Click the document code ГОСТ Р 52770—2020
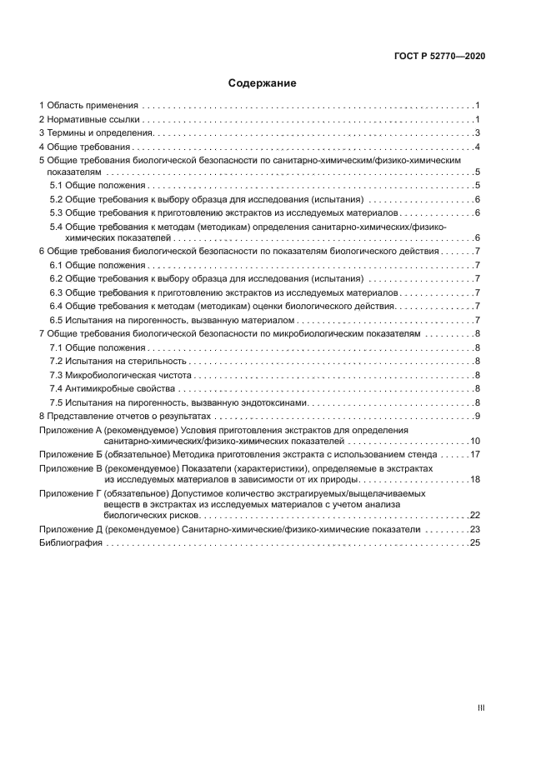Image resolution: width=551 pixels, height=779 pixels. [x=439, y=56]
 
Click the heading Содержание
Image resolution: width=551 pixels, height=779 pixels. [x=263, y=83]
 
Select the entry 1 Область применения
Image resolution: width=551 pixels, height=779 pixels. [x=88, y=106]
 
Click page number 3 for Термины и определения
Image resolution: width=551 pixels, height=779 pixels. [x=476, y=133]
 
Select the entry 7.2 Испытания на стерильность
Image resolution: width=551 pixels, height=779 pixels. [x=120, y=361]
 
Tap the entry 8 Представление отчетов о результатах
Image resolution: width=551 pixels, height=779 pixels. [x=126, y=415]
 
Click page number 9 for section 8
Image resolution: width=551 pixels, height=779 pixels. [x=476, y=415]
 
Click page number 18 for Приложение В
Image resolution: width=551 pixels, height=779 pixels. [x=474, y=479]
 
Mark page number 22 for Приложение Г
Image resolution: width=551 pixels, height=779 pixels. [x=474, y=515]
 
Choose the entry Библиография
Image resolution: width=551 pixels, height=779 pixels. [x=71, y=542]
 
